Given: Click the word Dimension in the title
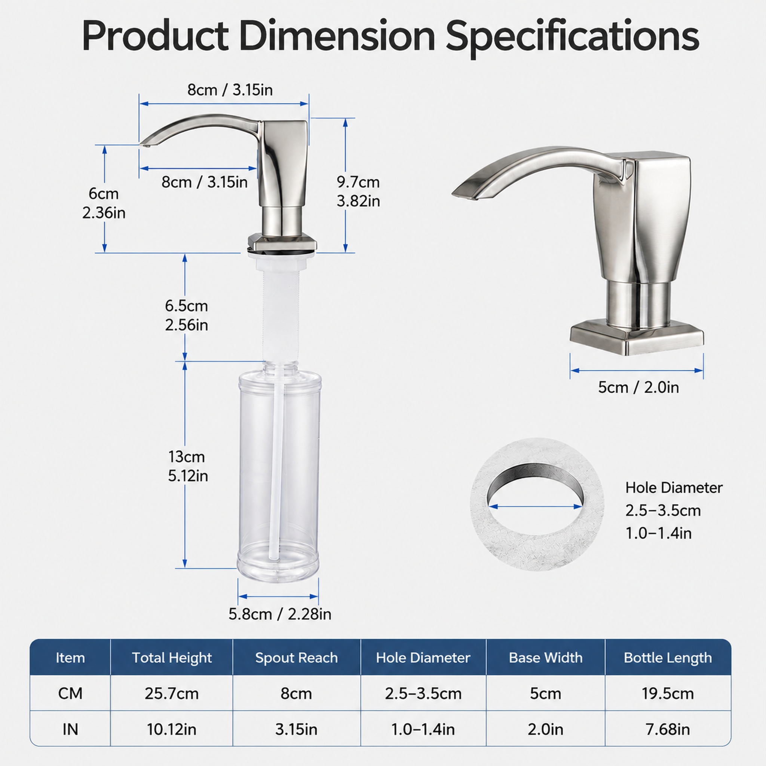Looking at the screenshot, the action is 337,37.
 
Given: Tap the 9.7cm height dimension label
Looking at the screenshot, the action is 358,191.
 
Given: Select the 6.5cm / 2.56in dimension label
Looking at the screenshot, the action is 186,315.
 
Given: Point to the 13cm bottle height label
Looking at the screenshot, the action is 187,466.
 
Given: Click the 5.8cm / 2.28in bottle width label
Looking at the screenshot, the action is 279,614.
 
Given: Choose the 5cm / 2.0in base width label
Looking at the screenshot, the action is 638,387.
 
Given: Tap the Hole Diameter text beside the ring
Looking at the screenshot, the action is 674,488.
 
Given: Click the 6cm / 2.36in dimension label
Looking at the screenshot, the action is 104,203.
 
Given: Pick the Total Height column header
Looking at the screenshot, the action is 172,658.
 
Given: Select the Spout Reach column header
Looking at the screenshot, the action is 297,658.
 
